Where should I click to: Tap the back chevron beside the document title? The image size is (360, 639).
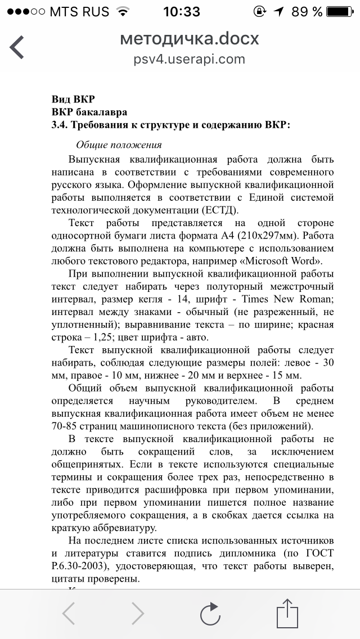17,47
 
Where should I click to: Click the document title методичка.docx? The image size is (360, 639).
190,38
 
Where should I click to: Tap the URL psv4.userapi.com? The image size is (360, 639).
190,59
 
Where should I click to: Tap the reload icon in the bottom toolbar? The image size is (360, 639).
210,613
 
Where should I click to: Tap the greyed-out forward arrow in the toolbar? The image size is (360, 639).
138,613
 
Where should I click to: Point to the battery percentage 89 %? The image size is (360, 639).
308,11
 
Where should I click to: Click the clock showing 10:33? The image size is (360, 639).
181,11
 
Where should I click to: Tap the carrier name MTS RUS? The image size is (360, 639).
79,11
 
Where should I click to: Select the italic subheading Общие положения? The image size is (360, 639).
119,145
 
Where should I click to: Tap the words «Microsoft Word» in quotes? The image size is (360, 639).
280,260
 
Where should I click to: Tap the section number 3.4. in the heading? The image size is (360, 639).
60,124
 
